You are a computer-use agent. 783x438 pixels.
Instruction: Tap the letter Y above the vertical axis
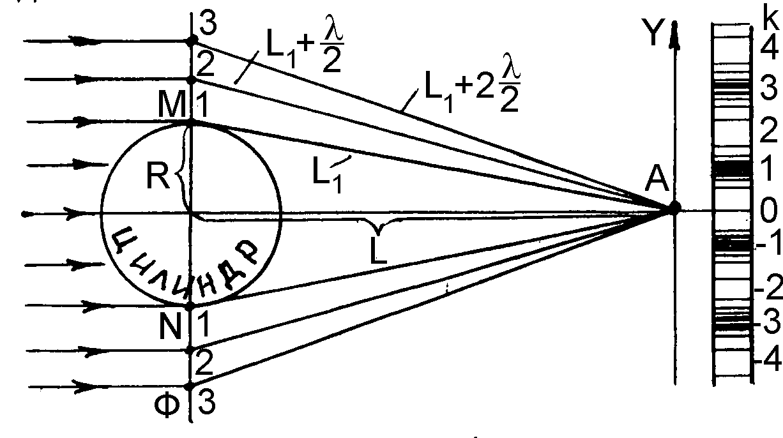click(653, 36)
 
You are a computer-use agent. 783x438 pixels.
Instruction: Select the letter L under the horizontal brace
click(378, 253)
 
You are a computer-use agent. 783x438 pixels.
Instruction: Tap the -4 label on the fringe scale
click(766, 361)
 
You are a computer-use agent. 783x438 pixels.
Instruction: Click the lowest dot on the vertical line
click(190, 386)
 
